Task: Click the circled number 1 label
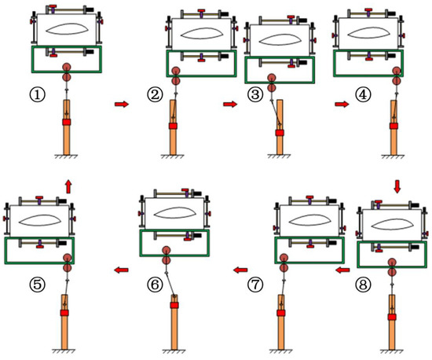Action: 37,95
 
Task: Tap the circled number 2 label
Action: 155,95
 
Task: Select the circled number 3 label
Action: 255,95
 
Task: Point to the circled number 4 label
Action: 363,95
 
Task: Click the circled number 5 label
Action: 37,285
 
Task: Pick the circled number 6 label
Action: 155,285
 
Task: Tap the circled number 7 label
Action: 255,285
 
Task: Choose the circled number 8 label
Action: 363,285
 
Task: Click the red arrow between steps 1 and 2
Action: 122,104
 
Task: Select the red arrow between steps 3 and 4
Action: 342,104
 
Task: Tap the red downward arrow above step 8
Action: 397,186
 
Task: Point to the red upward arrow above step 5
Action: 68,186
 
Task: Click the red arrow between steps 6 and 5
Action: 121,270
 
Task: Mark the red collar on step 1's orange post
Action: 67,122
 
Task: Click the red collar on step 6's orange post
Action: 174,305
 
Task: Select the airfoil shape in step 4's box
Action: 368,33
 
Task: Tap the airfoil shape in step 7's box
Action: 309,219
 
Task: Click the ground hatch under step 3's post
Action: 279,156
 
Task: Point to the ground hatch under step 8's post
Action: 391,351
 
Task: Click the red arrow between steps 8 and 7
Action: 342,270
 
